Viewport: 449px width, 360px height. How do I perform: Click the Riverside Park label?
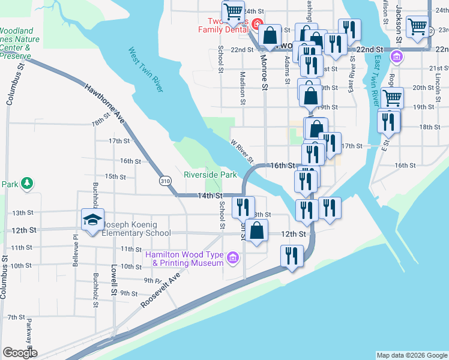click(x=210, y=175)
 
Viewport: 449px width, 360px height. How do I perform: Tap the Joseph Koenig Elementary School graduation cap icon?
click(x=92, y=220)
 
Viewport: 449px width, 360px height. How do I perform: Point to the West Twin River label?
click(x=145, y=70)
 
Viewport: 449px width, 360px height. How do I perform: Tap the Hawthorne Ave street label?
click(x=106, y=103)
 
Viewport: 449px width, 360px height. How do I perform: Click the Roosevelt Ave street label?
click(x=161, y=292)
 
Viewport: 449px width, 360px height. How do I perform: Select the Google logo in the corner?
click(x=20, y=353)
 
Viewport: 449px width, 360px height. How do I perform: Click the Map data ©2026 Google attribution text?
click(x=411, y=355)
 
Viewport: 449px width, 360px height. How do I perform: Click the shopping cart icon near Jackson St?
click(x=416, y=26)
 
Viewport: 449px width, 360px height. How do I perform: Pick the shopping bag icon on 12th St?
click(x=257, y=231)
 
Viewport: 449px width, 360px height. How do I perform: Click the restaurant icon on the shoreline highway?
click(x=289, y=256)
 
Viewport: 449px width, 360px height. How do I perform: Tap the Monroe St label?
click(x=264, y=73)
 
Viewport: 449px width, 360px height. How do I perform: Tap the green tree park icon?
click(x=26, y=182)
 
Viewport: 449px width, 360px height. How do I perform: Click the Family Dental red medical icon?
click(x=256, y=24)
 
